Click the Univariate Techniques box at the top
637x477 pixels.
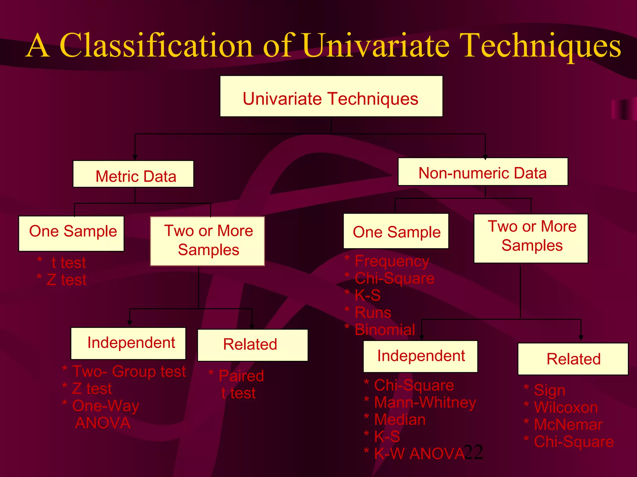[x=331, y=97]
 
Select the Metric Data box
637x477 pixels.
[x=133, y=174]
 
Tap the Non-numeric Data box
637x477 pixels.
[x=483, y=172]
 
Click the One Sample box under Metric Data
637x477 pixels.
[x=72, y=234]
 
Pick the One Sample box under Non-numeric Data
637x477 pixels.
[x=396, y=231]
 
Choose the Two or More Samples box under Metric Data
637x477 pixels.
[x=207, y=241]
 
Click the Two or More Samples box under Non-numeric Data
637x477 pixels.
[x=531, y=238]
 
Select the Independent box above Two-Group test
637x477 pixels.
[x=128, y=343]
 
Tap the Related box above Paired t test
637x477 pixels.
[x=253, y=345]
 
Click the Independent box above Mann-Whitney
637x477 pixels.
[x=421, y=356]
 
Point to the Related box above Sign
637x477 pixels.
[x=573, y=359]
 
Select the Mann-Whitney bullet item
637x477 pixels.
[x=425, y=402]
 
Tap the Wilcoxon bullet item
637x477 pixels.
[x=565, y=407]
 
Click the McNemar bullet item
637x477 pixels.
[x=568, y=424]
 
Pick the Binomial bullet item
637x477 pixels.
[x=385, y=329]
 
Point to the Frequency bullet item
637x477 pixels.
[x=392, y=261]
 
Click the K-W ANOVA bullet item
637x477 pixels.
[x=419, y=453]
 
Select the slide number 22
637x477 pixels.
[x=473, y=452]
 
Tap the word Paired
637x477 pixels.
[x=241, y=376]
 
